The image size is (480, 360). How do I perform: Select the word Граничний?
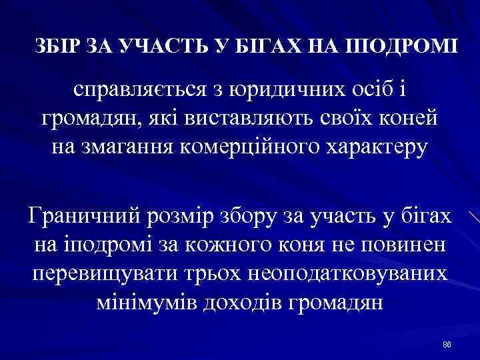79,217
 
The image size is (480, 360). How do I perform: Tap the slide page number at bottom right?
447,344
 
